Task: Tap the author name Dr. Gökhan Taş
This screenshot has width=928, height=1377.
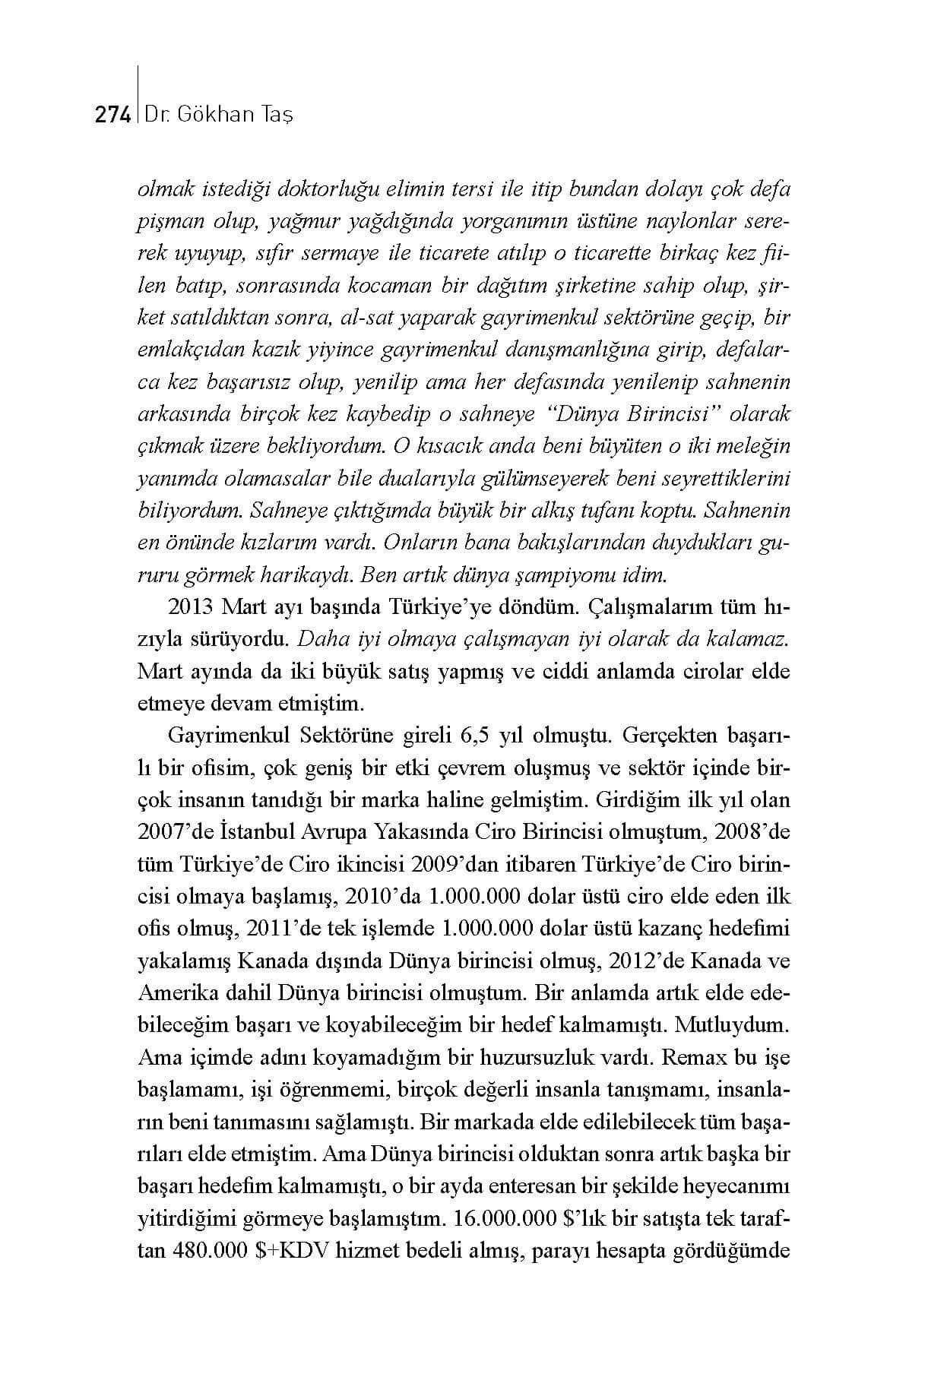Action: click(219, 115)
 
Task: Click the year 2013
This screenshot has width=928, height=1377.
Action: click(188, 607)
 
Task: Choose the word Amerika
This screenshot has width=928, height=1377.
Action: click(174, 993)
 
